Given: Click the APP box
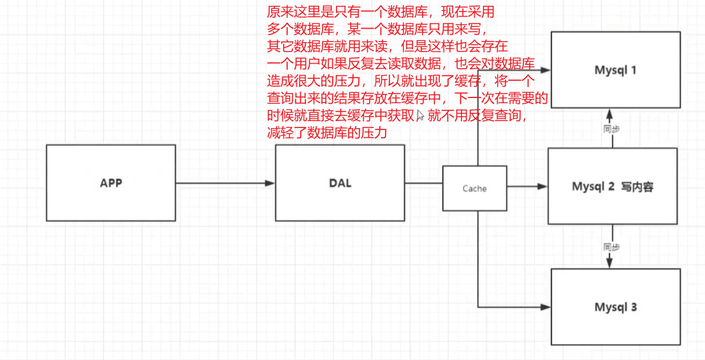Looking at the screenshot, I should pos(111,183).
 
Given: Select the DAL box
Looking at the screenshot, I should pos(339,183).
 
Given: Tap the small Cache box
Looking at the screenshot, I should pos(475,188).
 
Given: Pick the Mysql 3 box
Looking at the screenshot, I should pos(616,306).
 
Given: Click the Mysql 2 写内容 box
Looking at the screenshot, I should pos(612,186).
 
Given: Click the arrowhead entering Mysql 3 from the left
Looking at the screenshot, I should pos(546,307).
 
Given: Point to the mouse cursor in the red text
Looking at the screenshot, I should pos(421,117).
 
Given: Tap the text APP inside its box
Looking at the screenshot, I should pos(111,183).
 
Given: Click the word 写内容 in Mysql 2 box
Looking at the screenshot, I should pos(637,187).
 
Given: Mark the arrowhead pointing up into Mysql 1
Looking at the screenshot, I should pos(610,113).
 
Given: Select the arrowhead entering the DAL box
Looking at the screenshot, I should pos(270,184).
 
